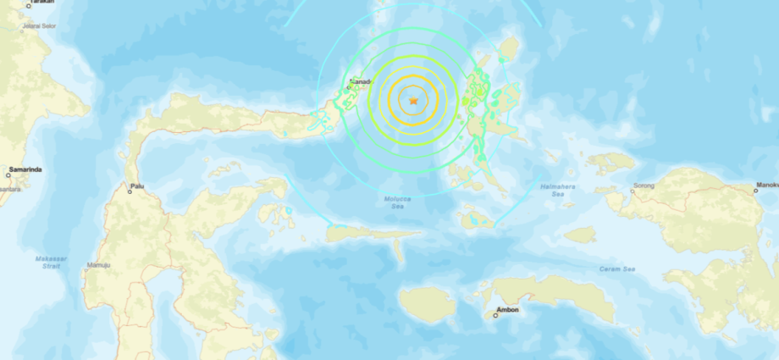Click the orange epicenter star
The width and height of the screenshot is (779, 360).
coord(413,101)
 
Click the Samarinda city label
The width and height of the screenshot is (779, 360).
coord(25,169)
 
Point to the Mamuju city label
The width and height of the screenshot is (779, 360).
coord(98,265)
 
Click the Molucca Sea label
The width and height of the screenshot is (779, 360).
coord(390,201)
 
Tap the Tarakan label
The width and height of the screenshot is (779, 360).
coord(41,3)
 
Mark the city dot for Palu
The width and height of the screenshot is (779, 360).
coord(130,191)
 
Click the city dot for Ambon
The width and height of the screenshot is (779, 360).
coord(495,316)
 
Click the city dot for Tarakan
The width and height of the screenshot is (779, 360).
coord(27,4)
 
